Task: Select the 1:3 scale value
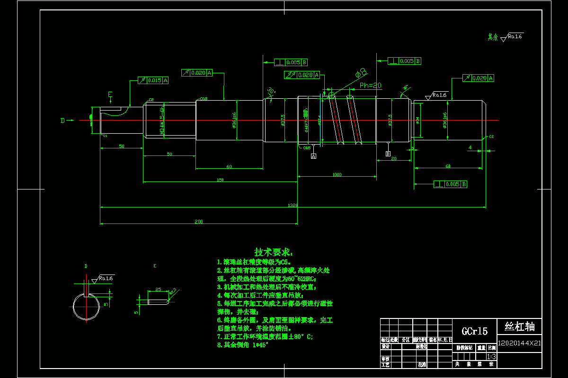click(x=492, y=356)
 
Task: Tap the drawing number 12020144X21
click(x=519, y=343)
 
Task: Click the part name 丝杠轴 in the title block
click(x=519, y=326)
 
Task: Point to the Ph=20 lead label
click(x=371, y=86)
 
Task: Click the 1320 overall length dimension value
click(x=293, y=205)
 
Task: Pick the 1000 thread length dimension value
click(x=337, y=174)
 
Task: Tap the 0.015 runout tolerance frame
click(x=153, y=80)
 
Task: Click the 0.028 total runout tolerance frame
click(x=302, y=75)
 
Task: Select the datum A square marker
click(x=313, y=156)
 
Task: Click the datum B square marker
click(x=388, y=154)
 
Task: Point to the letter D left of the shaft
click(x=62, y=120)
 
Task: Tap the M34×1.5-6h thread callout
click(x=162, y=121)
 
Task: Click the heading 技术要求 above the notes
click(x=274, y=251)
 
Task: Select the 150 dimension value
click(x=220, y=180)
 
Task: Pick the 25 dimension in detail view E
click(x=158, y=289)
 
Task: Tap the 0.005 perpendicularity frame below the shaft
click(x=451, y=184)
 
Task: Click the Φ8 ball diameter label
click(x=361, y=72)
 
